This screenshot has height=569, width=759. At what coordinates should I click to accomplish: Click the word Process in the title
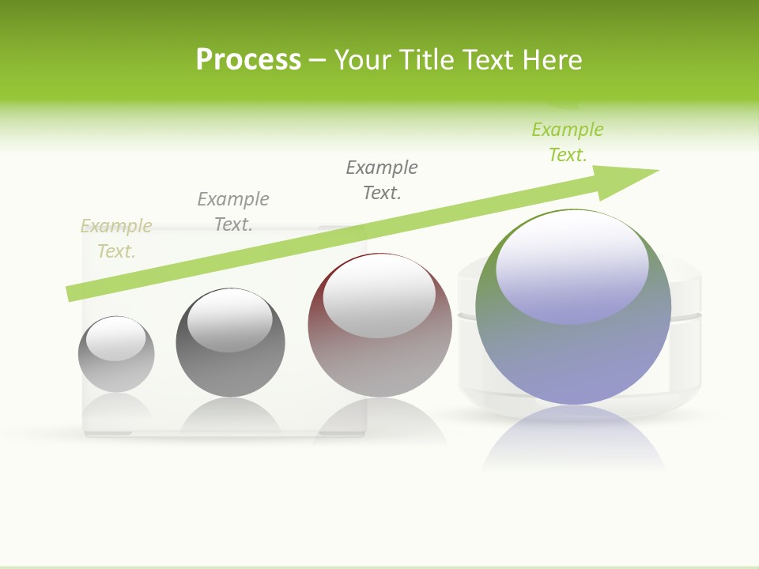click(248, 60)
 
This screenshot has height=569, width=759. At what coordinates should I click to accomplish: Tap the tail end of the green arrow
click(73, 293)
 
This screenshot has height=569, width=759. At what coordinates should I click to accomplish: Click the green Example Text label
click(568, 141)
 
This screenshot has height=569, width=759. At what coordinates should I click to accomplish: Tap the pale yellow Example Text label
click(116, 239)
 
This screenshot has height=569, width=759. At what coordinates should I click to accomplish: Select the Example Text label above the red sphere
click(382, 179)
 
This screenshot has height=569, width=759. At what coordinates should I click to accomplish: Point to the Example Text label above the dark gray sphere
click(233, 211)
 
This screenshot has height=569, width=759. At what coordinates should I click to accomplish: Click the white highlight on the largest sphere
click(572, 265)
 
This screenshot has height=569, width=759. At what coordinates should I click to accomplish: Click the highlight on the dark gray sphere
click(229, 320)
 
